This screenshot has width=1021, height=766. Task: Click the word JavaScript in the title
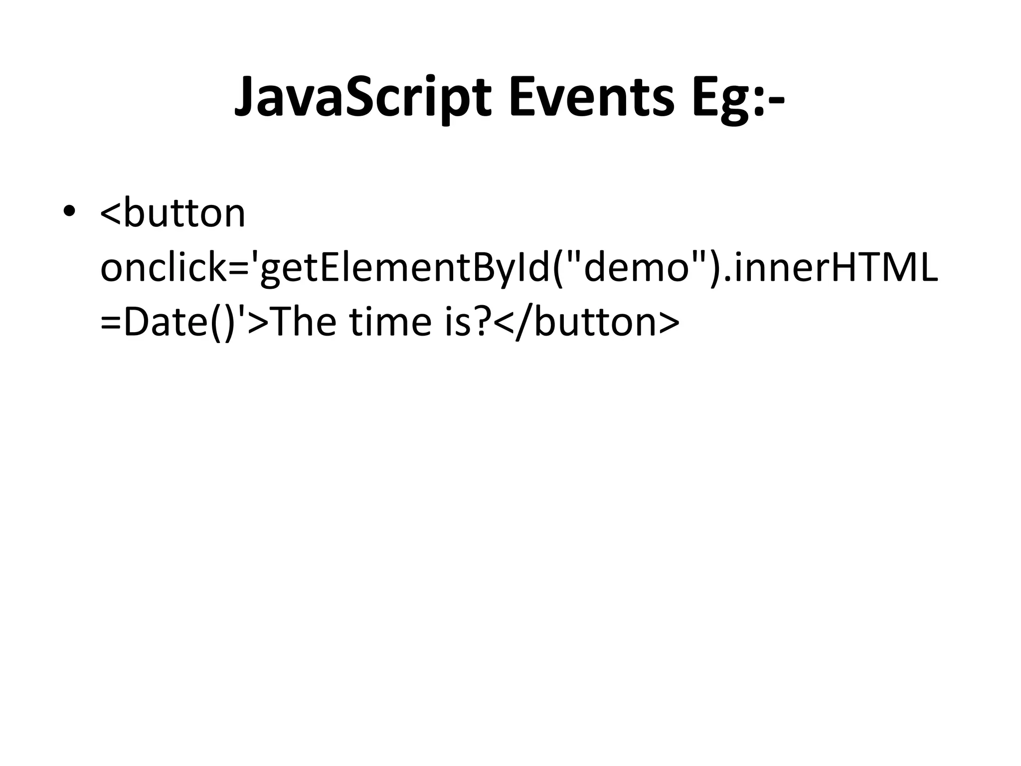point(363,99)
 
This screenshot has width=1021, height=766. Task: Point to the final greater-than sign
point(669,323)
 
